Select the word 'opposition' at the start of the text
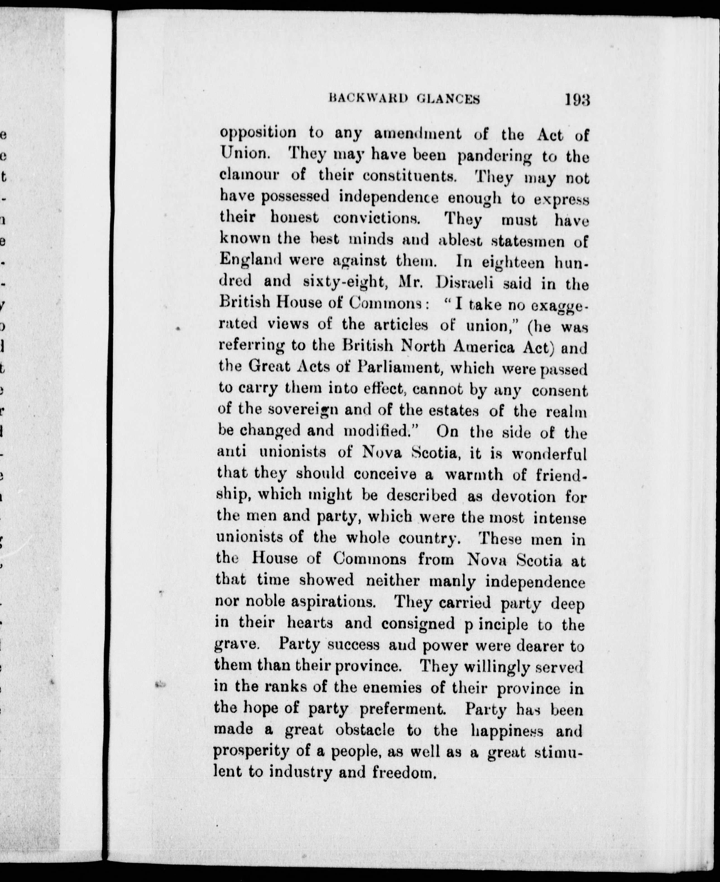258,134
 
